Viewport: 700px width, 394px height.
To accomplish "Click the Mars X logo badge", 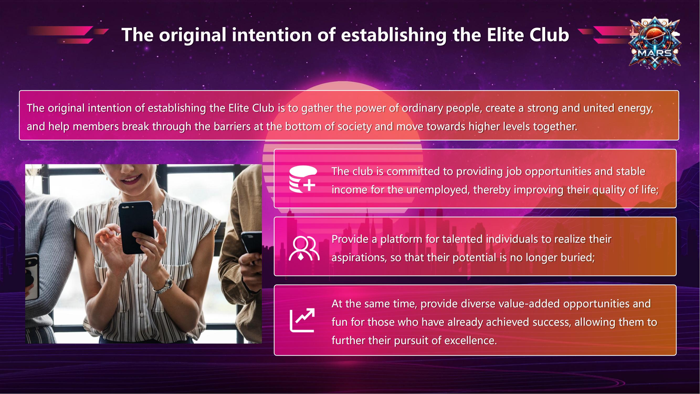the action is click(655, 44).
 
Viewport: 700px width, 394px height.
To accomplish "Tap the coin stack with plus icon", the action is click(303, 179).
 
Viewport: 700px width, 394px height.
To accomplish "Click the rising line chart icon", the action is click(302, 320).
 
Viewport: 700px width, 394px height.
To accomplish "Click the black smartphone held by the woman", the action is click(136, 228).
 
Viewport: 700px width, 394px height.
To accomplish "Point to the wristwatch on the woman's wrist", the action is click(164, 285).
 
